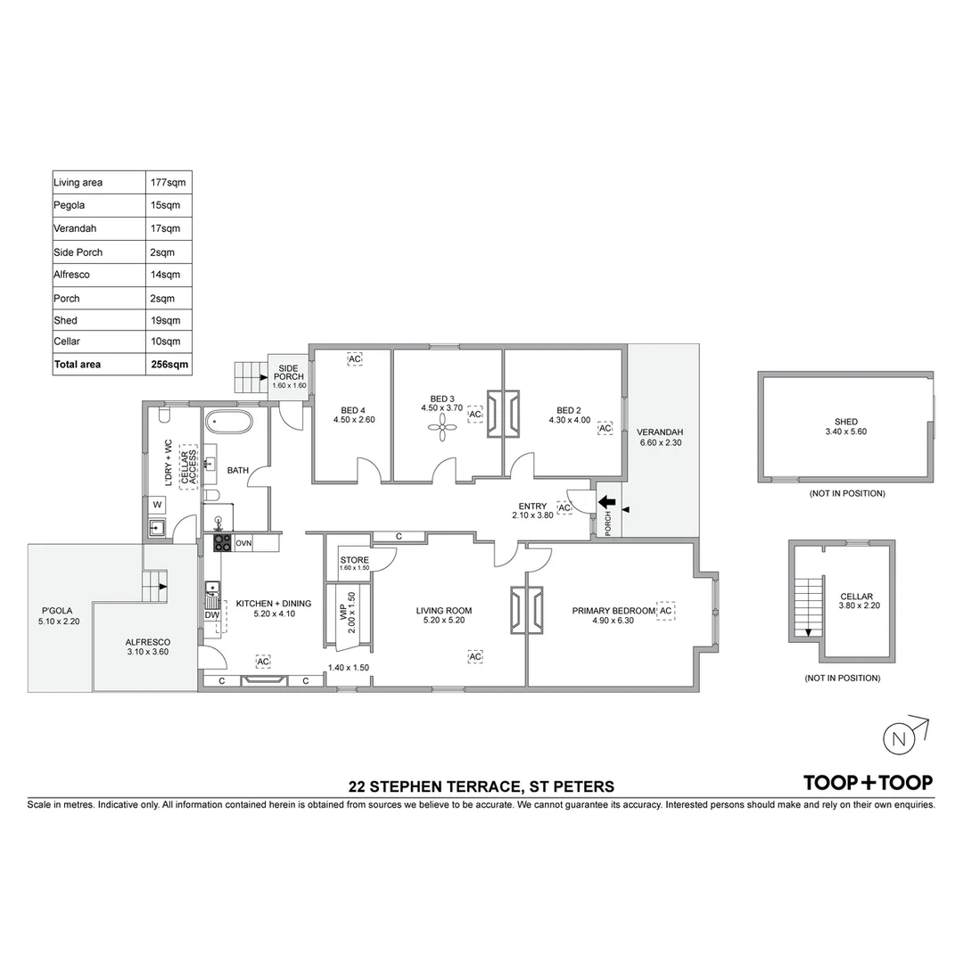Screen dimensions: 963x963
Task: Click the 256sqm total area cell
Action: pyautogui.click(x=169, y=364)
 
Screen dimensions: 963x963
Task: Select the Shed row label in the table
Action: pyautogui.click(x=66, y=321)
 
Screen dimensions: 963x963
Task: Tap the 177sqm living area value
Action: pyautogui.click(x=169, y=183)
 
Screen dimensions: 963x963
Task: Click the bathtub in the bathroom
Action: pyautogui.click(x=228, y=423)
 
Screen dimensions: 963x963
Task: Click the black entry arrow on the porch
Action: pyautogui.click(x=607, y=502)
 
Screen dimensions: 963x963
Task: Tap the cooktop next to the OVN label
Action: pyautogui.click(x=222, y=543)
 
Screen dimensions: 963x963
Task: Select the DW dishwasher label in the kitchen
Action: pyautogui.click(x=212, y=615)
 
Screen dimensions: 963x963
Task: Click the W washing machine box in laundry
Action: pyautogui.click(x=157, y=505)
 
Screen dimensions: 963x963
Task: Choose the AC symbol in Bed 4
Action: pyautogui.click(x=355, y=359)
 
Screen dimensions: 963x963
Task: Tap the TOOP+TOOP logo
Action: pyautogui.click(x=868, y=783)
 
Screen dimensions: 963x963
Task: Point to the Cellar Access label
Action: pyautogui.click(x=188, y=466)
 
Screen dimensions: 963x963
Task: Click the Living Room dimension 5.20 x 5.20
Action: pyautogui.click(x=444, y=621)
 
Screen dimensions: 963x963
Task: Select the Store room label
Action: pyautogui.click(x=354, y=560)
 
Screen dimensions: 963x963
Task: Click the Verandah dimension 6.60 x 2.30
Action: pyautogui.click(x=660, y=442)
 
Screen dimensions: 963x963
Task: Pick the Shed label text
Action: pyautogui.click(x=845, y=422)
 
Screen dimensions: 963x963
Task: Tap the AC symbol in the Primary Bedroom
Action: pyautogui.click(x=666, y=611)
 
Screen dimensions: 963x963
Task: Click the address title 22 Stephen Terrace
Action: pyautogui.click(x=481, y=786)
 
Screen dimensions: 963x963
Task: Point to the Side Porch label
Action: pyautogui.click(x=289, y=372)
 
